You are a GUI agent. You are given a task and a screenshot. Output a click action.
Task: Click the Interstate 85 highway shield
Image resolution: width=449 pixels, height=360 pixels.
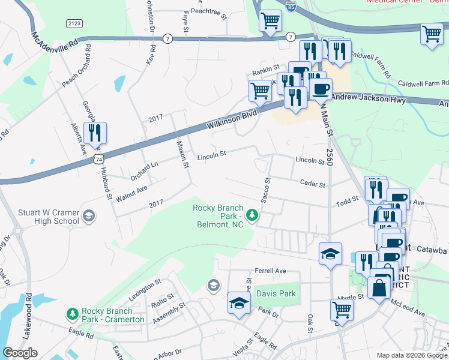[x=291, y=7]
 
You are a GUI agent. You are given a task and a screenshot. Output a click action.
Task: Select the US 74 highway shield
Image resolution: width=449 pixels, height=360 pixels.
[x=98, y=157]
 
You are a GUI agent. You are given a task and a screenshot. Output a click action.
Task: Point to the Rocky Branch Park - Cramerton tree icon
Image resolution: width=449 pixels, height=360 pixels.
[x=72, y=314]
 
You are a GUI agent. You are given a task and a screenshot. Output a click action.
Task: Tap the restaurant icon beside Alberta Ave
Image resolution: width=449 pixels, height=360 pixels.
[x=95, y=132]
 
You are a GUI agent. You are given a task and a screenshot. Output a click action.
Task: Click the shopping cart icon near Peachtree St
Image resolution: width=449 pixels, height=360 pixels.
[x=270, y=20]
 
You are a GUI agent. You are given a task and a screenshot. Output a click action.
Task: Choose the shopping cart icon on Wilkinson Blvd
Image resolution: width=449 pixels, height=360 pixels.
[x=260, y=91]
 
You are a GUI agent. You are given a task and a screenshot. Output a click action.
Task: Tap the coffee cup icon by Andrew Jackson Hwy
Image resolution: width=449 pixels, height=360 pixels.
[x=321, y=89]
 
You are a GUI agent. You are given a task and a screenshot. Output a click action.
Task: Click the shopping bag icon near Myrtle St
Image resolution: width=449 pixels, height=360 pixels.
[x=381, y=288]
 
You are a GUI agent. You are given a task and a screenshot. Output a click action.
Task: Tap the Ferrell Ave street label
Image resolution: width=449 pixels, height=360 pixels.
[x=270, y=271]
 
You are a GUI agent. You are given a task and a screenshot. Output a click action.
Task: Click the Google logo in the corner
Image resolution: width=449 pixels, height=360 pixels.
[x=20, y=353]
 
